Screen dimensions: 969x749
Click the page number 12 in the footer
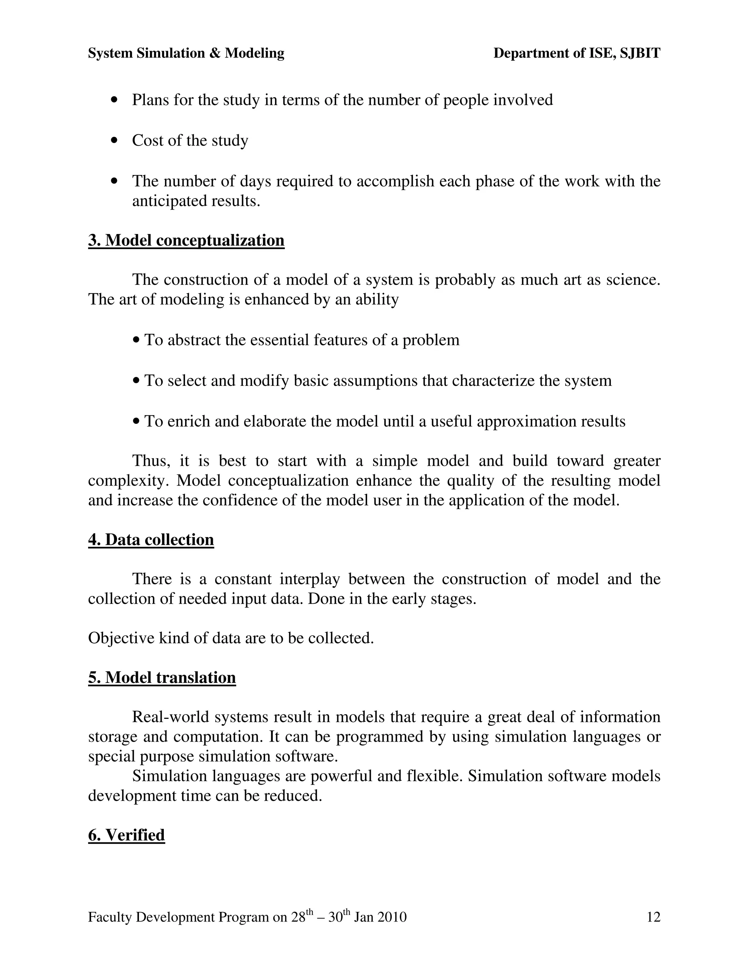(x=654, y=917)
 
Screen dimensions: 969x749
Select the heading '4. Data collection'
(x=151, y=539)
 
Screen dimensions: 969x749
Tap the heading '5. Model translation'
(x=162, y=678)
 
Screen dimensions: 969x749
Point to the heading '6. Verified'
(x=127, y=835)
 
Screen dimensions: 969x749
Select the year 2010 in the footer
(x=392, y=917)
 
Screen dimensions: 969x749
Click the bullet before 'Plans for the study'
(x=115, y=100)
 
